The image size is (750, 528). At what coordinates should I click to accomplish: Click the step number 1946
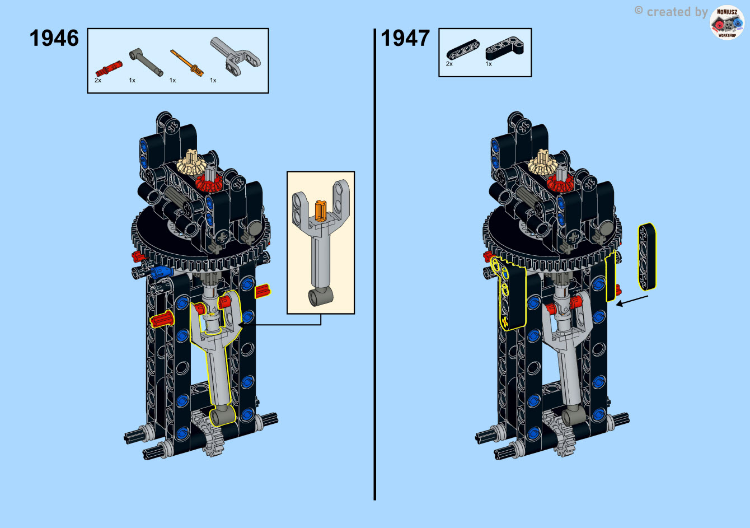point(54,38)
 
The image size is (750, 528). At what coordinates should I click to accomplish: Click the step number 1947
point(405,38)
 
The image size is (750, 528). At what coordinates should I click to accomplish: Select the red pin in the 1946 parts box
point(109,69)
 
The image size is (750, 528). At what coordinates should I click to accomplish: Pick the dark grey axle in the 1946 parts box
point(146,62)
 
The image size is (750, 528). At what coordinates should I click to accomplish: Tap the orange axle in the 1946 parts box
point(187,63)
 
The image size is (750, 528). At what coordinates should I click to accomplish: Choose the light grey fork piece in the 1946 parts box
point(235,56)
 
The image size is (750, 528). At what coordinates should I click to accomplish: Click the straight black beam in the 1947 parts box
point(463,50)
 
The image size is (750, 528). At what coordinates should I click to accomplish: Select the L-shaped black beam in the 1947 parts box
point(505,48)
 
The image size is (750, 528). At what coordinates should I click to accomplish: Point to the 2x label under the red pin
point(98,81)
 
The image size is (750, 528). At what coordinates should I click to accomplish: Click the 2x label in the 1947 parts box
point(449,64)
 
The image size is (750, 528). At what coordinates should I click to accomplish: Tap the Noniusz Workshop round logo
point(727,22)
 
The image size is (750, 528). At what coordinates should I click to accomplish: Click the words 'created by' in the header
point(677,12)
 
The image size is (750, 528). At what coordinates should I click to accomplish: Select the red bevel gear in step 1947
point(560,184)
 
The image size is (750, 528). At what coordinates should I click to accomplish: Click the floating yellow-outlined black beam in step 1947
point(647,256)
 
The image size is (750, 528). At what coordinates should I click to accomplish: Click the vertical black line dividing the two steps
point(374,265)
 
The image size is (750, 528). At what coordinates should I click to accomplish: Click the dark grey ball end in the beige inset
point(320,297)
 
